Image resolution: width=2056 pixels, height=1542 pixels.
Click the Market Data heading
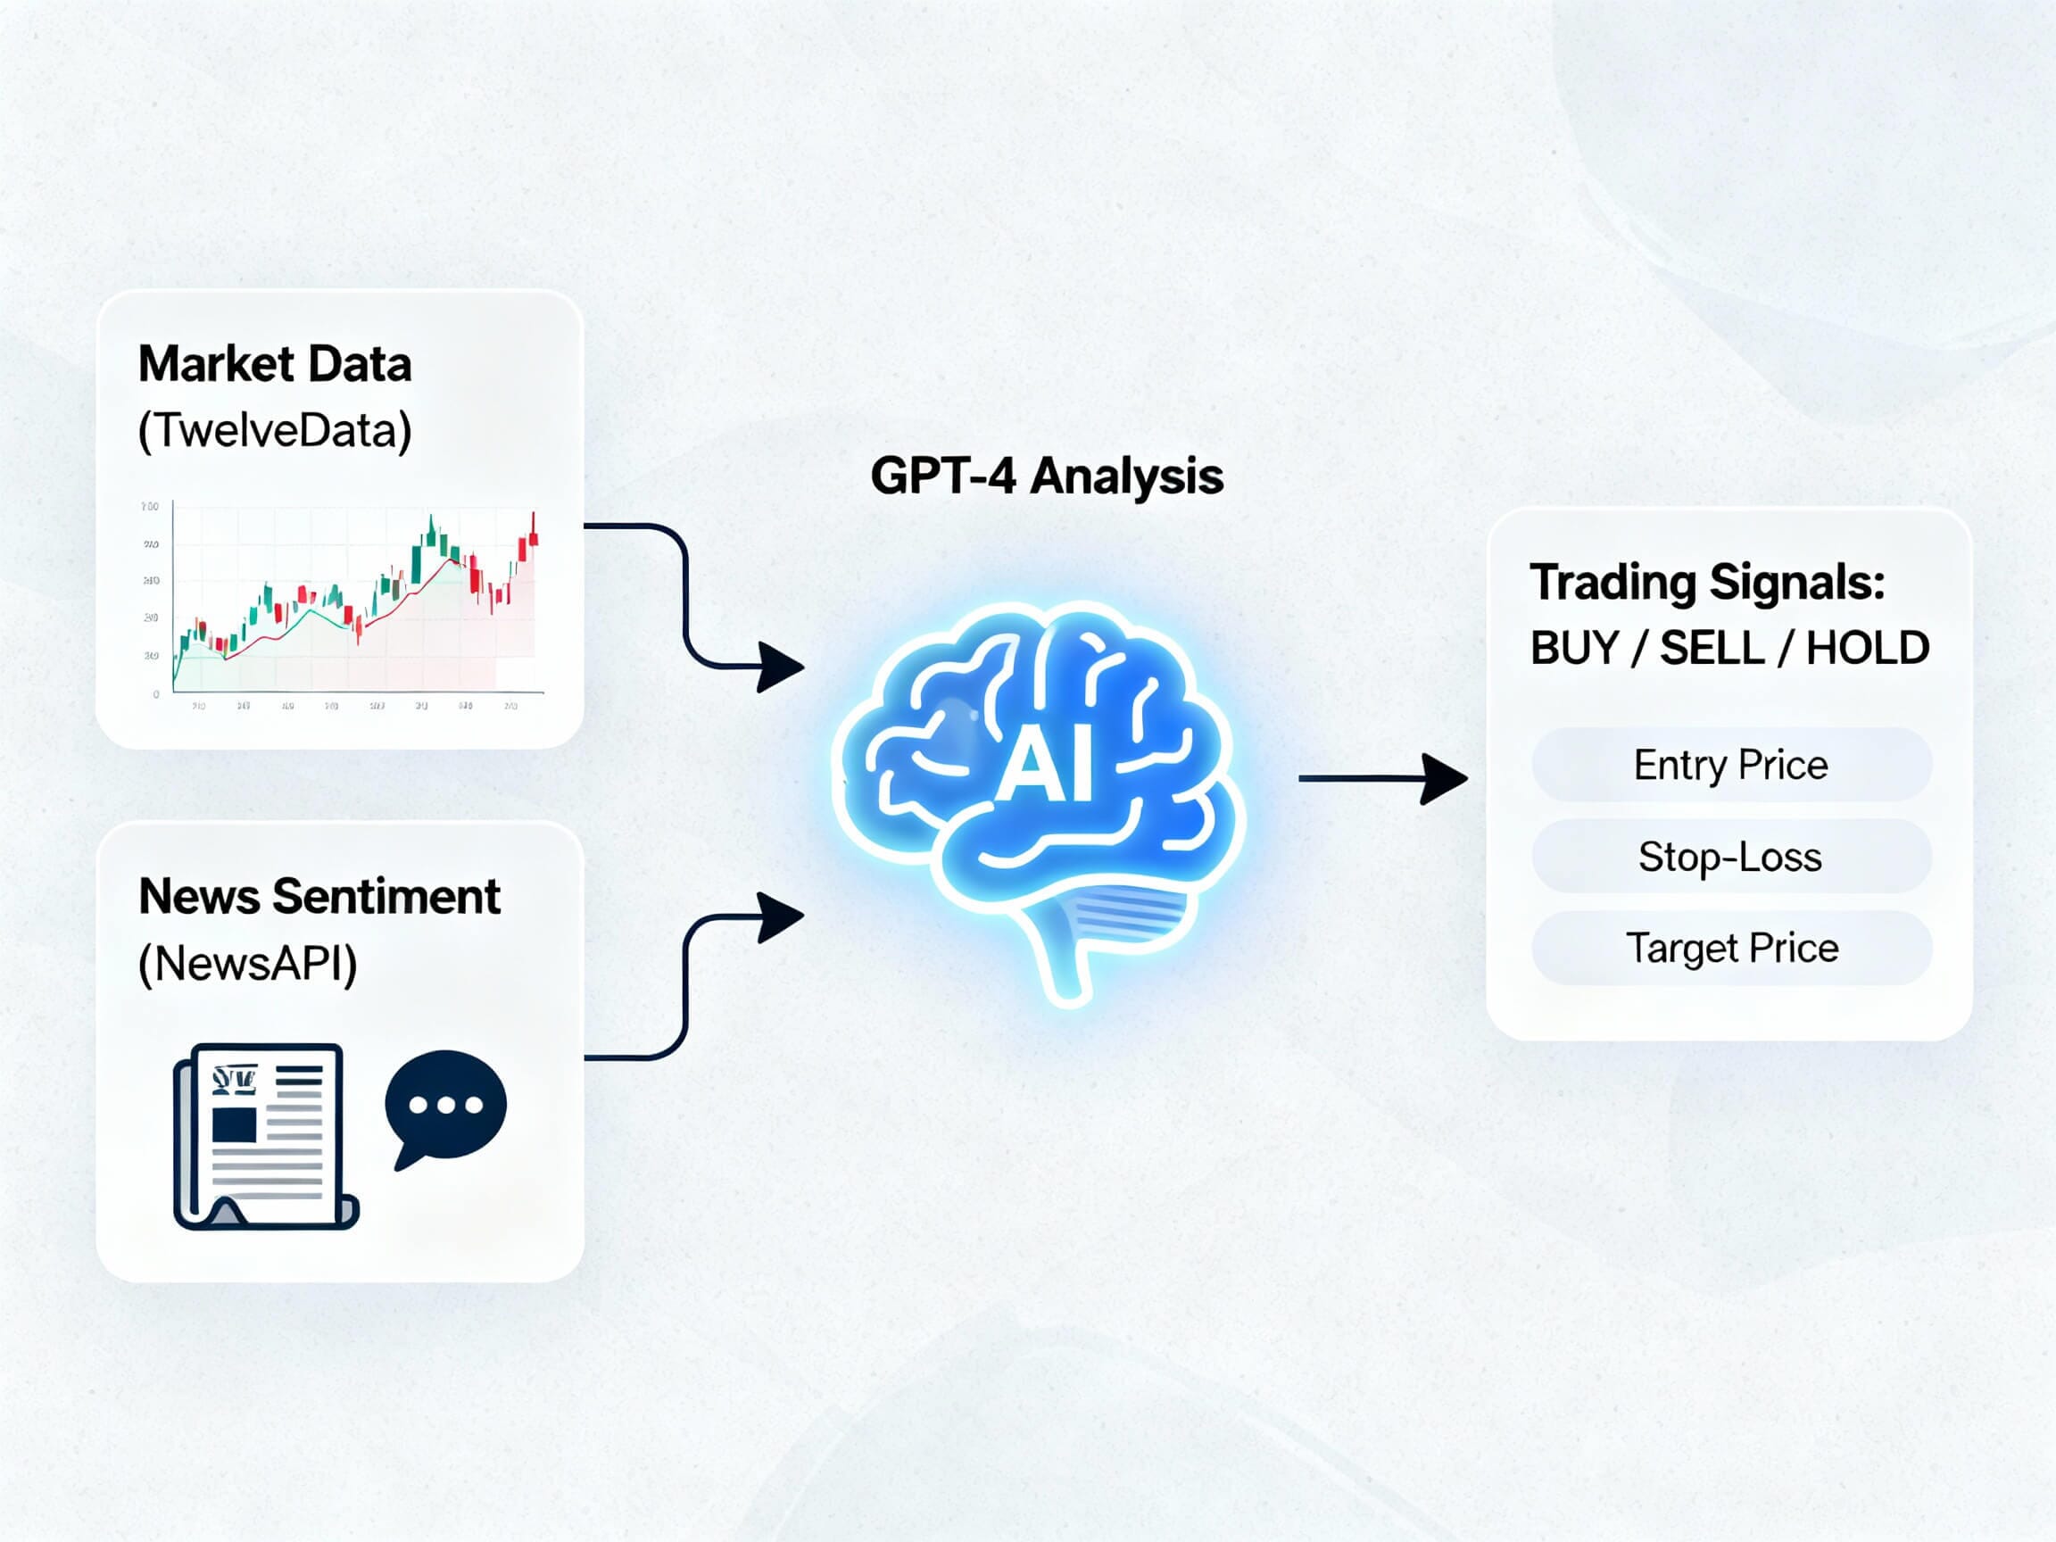tap(274, 363)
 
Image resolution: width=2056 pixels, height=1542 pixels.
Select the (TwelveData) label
tap(274, 430)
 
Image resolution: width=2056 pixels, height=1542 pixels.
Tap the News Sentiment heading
tap(319, 896)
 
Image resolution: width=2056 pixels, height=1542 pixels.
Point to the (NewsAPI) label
tap(247, 963)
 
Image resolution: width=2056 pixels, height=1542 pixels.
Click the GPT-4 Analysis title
tap(1047, 476)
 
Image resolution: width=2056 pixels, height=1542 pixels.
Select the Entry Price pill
tap(1730, 765)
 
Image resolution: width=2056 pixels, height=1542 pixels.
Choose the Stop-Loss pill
tap(1730, 856)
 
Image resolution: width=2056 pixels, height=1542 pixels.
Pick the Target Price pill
tap(1730, 948)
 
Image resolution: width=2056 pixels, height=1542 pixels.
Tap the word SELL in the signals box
tap(1712, 648)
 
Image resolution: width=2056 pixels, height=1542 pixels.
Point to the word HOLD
tap(1868, 648)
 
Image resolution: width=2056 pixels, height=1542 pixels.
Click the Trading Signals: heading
tap(1707, 583)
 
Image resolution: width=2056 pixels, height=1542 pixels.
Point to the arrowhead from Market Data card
tap(778, 667)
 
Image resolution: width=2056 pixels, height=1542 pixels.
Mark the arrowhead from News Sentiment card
tap(778, 917)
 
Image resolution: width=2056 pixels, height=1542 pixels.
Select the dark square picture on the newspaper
tap(234, 1124)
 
